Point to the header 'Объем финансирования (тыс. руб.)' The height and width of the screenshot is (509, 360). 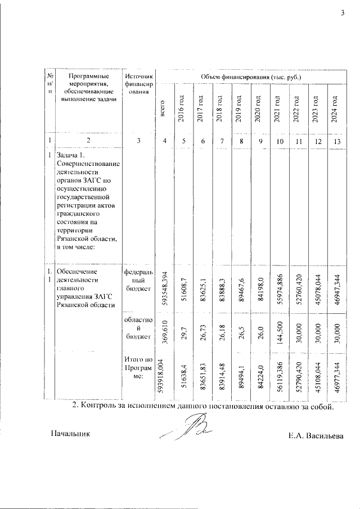(x=248, y=76)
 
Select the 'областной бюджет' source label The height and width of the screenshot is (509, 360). (x=137, y=327)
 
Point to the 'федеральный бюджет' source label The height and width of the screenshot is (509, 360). (x=137, y=280)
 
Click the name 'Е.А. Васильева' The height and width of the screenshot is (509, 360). (x=314, y=435)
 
